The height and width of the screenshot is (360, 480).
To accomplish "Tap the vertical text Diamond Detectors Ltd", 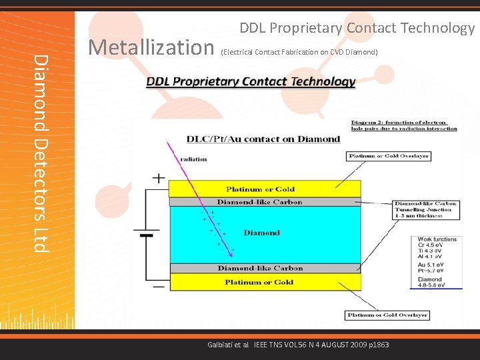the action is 41,153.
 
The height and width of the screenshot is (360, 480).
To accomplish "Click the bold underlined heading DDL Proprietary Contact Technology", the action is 251,82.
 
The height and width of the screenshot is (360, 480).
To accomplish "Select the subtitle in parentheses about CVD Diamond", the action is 299,52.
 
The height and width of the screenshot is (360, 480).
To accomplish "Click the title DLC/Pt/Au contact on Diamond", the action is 263,139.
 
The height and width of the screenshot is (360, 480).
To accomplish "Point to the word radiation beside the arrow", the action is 193,159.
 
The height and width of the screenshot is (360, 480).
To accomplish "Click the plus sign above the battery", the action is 159,179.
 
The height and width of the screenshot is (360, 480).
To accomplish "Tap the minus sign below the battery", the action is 159,286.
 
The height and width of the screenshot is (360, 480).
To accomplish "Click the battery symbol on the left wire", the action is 146,233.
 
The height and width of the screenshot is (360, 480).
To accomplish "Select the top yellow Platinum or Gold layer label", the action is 259,189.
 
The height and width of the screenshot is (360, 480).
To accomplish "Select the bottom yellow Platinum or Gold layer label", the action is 259,282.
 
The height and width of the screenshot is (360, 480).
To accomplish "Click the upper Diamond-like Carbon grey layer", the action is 259,202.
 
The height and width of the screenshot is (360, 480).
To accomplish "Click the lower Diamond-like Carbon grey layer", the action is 259,269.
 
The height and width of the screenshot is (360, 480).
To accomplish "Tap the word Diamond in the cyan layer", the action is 261,233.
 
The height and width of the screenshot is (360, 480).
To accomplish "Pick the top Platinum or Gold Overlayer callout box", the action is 389,157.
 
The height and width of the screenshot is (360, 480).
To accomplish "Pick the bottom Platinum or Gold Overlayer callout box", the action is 387,315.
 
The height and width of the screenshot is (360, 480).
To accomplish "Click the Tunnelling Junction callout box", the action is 425,209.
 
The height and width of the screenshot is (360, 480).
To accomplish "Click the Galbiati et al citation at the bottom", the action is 298,345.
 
